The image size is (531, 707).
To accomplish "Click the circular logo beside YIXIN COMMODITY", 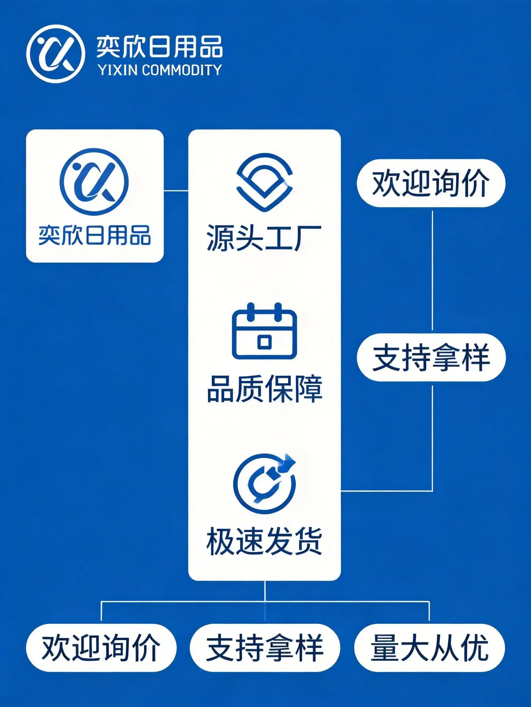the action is pyautogui.click(x=56, y=54).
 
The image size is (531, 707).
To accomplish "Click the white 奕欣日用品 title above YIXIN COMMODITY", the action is pyautogui.click(x=159, y=47).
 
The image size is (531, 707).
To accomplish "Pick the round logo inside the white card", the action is pyautogui.click(x=94, y=182).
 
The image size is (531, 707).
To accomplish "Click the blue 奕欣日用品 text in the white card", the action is pyautogui.click(x=95, y=235).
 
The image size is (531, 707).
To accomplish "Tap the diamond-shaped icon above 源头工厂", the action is pyautogui.click(x=264, y=182).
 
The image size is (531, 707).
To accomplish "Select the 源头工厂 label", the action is pyautogui.click(x=264, y=238).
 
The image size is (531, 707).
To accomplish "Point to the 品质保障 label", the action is pyautogui.click(x=264, y=389).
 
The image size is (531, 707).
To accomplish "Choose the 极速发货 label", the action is pyautogui.click(x=264, y=541).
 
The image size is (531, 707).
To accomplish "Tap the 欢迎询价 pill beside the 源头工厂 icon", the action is pyautogui.click(x=431, y=183).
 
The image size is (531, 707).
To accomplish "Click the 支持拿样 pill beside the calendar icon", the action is pyautogui.click(x=431, y=357).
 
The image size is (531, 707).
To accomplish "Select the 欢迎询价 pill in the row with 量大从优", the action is pyautogui.click(x=101, y=648).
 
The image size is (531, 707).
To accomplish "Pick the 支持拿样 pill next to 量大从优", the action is pyautogui.click(x=265, y=648).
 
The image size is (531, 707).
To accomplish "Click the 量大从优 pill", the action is pyautogui.click(x=430, y=648).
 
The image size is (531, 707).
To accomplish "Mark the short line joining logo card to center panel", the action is pyautogui.click(x=176, y=191).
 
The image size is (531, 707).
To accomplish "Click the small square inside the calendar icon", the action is pyautogui.click(x=264, y=342).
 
